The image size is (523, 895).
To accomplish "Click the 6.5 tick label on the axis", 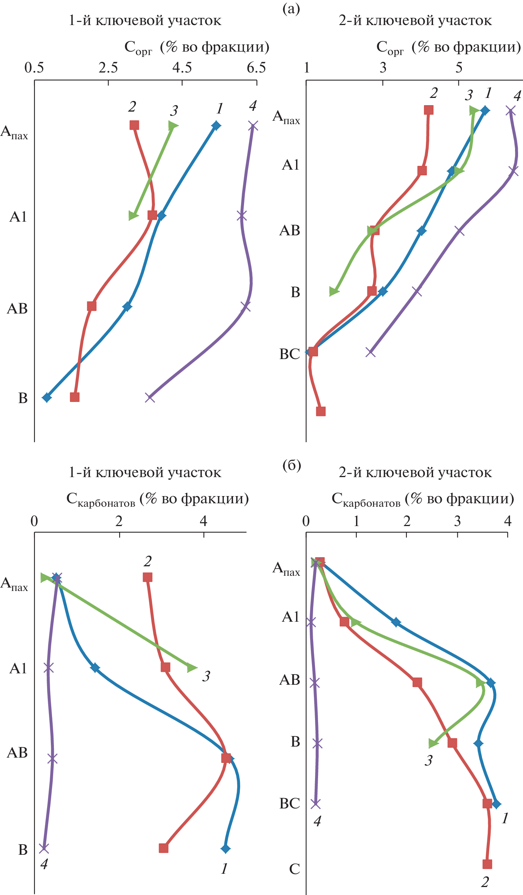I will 256,68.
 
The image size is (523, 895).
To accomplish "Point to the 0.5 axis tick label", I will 34,68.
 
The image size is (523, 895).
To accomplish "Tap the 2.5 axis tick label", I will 108,68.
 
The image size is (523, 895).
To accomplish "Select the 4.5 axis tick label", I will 182,68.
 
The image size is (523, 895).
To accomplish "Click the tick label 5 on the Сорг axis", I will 459,68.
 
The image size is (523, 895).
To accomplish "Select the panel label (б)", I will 291,465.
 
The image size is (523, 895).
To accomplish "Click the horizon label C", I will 295,869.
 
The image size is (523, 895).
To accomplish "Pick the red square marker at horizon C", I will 487,864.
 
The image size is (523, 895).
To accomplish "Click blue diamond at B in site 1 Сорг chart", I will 47,397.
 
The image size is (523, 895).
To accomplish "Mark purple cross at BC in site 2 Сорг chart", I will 370,352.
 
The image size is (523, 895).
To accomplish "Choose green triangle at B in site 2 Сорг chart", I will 334,291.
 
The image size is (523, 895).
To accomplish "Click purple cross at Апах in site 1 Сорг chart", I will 253,126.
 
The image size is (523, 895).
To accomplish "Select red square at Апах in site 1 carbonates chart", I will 148,577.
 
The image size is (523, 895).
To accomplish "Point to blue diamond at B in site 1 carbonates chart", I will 225,849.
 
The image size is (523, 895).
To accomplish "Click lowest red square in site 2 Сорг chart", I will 321,411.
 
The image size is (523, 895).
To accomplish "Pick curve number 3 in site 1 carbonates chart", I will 206,676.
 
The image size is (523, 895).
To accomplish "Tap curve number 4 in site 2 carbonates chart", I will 317,821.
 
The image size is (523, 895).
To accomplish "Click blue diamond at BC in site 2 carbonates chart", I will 496,804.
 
